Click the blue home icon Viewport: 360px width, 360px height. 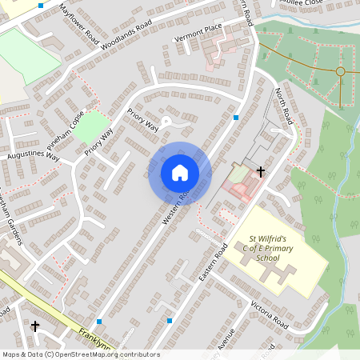(x=180, y=172)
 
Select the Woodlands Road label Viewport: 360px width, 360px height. (x=126, y=37)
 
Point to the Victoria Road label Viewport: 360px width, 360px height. (x=269, y=314)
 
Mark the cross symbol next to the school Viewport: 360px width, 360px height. (x=260, y=171)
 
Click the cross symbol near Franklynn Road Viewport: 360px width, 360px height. (x=34, y=326)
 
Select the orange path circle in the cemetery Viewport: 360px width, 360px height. (x=340, y=72)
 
